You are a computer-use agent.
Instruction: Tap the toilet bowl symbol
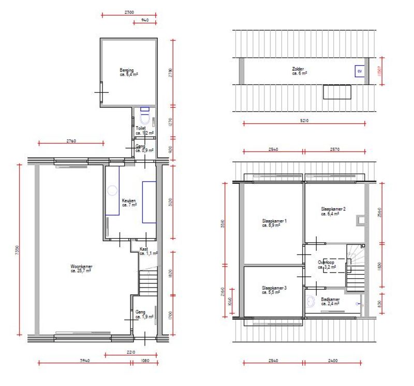tap(144, 118)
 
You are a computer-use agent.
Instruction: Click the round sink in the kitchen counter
tap(112, 190)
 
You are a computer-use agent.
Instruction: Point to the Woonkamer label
tap(81, 268)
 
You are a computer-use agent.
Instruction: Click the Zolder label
tap(299, 71)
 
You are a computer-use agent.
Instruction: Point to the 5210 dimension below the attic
tap(304, 120)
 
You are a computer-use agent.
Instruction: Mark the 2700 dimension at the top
tap(129, 11)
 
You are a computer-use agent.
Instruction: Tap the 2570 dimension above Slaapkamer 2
tap(334, 149)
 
